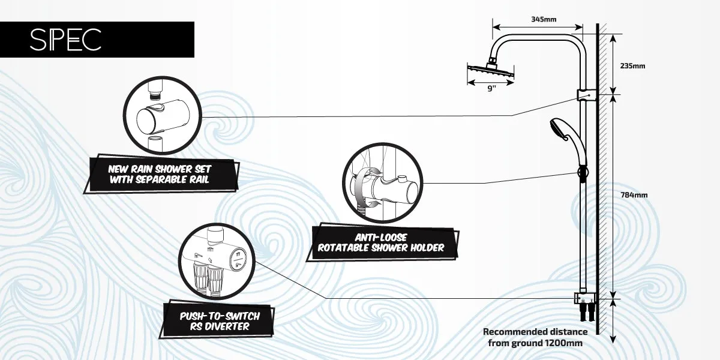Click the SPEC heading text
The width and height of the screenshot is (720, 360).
[65, 40]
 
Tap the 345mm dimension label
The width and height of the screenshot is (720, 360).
[544, 19]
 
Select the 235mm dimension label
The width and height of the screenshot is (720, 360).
[632, 66]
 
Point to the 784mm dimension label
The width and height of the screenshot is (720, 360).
[634, 195]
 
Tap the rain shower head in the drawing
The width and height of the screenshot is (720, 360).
[491, 70]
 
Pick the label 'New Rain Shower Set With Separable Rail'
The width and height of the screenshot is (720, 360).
[160, 174]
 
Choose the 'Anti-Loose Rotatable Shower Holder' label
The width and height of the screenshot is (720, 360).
[381, 242]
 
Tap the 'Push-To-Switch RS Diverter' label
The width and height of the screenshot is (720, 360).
[220, 321]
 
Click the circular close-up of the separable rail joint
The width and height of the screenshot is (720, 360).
[163, 116]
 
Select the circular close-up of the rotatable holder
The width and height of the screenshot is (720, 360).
[382, 183]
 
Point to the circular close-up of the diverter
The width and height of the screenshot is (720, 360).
[217, 261]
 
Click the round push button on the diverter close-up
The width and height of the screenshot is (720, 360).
[238, 259]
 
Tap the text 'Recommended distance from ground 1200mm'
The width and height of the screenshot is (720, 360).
[535, 337]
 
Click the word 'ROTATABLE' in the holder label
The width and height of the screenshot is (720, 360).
[343, 248]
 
